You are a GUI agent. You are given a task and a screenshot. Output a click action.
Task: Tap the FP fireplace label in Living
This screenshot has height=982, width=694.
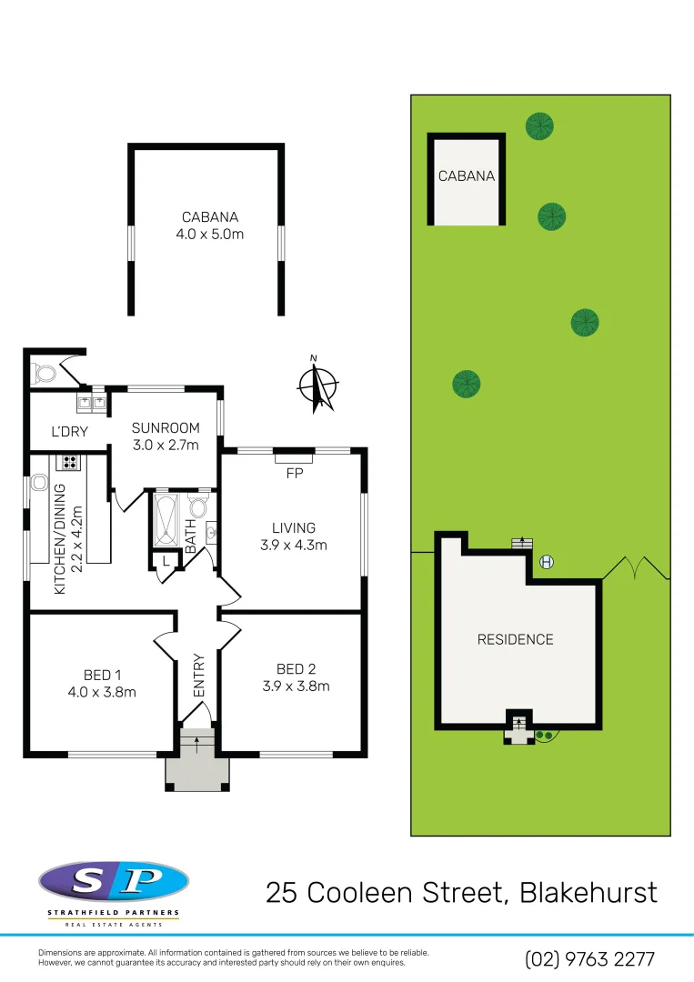293,473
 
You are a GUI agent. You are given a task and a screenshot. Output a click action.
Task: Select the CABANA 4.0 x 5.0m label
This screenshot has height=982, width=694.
210,225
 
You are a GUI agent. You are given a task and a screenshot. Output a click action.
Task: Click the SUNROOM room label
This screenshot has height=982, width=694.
165,436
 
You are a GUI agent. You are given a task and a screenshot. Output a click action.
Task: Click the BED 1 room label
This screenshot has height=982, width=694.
103,683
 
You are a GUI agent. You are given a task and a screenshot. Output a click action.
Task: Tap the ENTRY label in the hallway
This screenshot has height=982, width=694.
199,676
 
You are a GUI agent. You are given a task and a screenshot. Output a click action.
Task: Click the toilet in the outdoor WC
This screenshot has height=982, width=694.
42,373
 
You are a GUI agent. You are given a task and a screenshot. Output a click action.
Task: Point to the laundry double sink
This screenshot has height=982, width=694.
92,399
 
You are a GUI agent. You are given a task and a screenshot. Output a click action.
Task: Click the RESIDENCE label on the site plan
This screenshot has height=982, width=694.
515,639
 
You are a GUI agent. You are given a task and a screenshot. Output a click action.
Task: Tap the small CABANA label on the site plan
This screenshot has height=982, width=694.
467,175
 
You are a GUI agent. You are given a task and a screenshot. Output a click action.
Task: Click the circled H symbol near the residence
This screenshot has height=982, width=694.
547,561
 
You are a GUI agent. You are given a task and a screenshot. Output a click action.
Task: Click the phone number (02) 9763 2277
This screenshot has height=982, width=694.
589,958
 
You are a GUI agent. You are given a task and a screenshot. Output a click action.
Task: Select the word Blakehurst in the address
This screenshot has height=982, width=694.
588,892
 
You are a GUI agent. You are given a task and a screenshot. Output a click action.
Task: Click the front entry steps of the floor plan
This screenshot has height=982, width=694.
196,746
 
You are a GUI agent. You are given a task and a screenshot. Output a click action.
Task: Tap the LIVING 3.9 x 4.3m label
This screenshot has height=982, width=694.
293,536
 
